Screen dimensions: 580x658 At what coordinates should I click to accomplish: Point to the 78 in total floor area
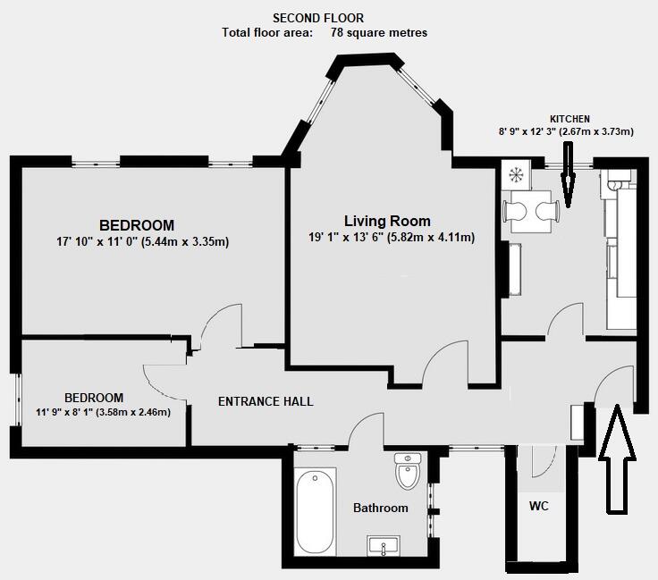pyautogui.click(x=339, y=33)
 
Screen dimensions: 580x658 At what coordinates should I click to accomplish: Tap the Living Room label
pyautogui.click(x=387, y=221)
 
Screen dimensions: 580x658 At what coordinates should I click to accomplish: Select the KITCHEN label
pyautogui.click(x=569, y=119)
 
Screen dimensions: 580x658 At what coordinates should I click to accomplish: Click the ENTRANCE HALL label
pyautogui.click(x=266, y=402)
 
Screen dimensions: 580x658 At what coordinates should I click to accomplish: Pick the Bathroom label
pyautogui.click(x=380, y=508)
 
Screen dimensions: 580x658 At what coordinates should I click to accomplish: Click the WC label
pyautogui.click(x=538, y=506)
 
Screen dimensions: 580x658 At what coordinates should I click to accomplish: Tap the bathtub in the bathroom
pyautogui.click(x=315, y=511)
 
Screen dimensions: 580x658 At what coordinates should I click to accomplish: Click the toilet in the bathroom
pyautogui.click(x=407, y=471)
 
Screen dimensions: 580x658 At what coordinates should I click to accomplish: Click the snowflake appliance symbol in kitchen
pyautogui.click(x=516, y=173)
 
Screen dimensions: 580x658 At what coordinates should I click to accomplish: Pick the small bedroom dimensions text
pyautogui.click(x=103, y=412)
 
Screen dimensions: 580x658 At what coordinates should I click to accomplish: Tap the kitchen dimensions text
pyautogui.click(x=566, y=131)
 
